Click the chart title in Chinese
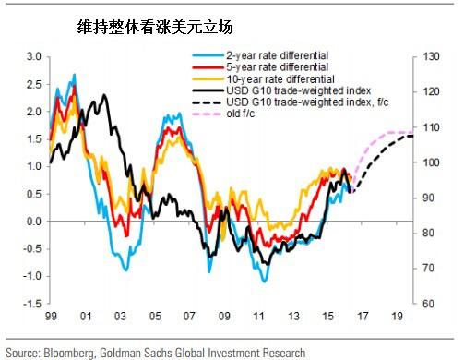coord(155,28)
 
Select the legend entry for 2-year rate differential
coord(278,55)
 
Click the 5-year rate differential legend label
coord(278,67)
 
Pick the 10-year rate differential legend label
coord(280,79)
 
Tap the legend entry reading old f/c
coord(241,114)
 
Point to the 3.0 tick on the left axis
coord(34,56)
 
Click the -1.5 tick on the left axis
coord(32,304)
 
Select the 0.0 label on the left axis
coord(34,222)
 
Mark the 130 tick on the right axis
coord(431,56)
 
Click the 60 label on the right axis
coord(428,304)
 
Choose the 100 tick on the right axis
coord(431,162)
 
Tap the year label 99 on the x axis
coord(51,316)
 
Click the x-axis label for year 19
coord(397,316)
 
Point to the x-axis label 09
coord(224,316)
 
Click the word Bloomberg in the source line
coord(69,353)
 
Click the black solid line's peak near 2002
coord(104,95)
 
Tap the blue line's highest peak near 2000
coord(74,74)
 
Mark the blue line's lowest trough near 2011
coord(265,282)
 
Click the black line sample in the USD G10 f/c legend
coord(208,102)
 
